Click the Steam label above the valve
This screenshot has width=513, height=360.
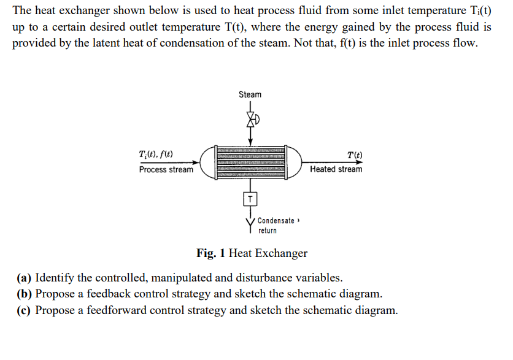[x=250, y=94]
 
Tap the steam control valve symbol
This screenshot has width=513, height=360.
[x=250, y=120]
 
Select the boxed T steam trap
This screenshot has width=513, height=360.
[x=250, y=198]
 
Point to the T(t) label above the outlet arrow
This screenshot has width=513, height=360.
[x=354, y=155]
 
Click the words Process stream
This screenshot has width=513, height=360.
[x=166, y=170]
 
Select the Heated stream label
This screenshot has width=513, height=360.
[x=336, y=169]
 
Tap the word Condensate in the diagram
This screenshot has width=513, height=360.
[x=276, y=221]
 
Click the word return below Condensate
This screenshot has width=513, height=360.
[x=267, y=231]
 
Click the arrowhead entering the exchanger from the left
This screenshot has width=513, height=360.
[x=196, y=163]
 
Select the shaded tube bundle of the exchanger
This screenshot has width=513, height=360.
[x=250, y=163]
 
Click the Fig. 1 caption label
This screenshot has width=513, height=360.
[x=211, y=253]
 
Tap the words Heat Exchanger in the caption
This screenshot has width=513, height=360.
[x=268, y=253]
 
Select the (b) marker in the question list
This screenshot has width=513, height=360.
[x=24, y=294]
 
